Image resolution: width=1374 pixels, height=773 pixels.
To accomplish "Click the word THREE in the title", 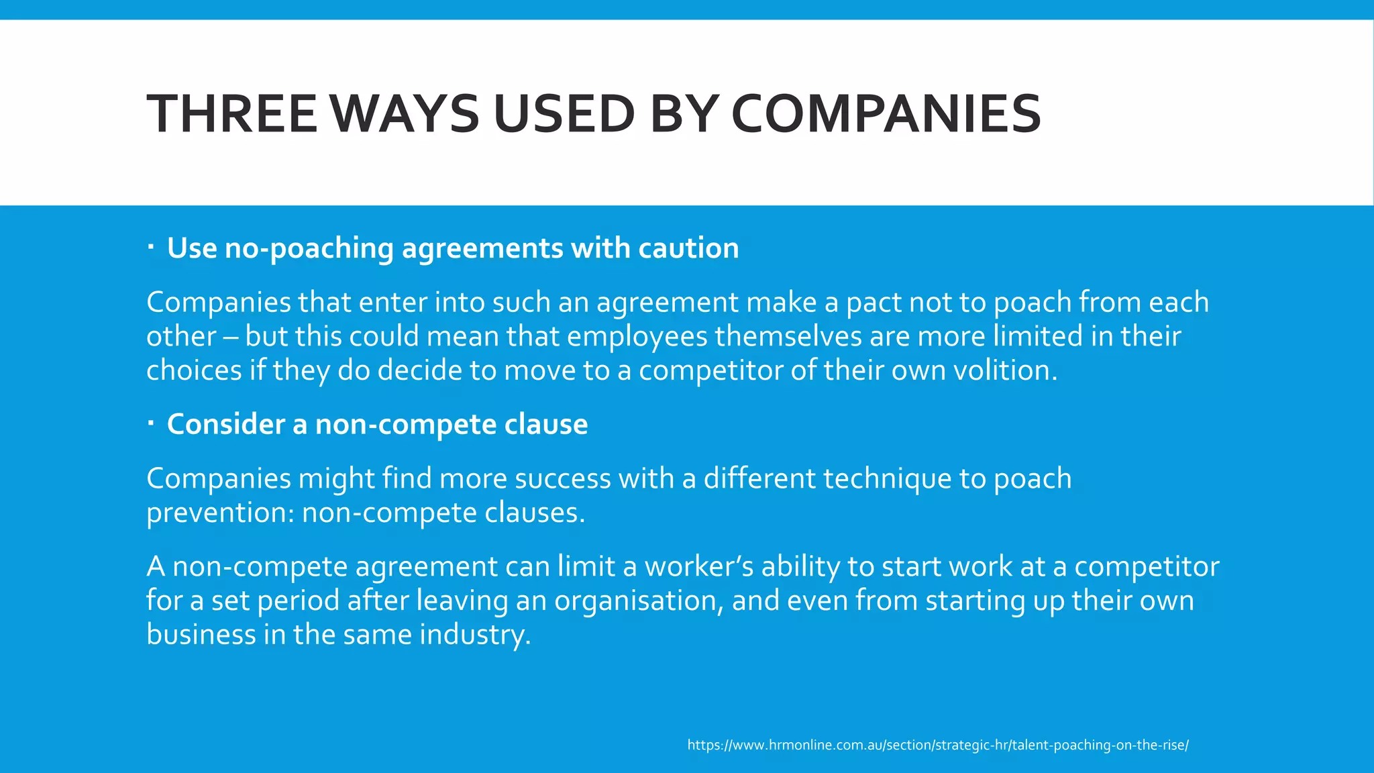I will click(x=231, y=113).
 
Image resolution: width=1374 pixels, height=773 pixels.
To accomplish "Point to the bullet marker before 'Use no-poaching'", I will click(x=151, y=248).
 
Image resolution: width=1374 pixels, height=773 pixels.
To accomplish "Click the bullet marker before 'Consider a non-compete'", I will click(x=151, y=423).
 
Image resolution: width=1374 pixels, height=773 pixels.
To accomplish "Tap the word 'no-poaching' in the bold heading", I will click(x=309, y=248).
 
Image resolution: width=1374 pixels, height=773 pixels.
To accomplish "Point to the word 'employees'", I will click(x=637, y=336).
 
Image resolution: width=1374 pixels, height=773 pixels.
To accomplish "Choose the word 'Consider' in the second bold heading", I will click(x=226, y=424).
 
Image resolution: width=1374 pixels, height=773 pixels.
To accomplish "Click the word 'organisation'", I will click(x=637, y=601).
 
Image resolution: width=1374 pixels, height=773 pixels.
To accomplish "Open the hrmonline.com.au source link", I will click(x=937, y=745).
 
